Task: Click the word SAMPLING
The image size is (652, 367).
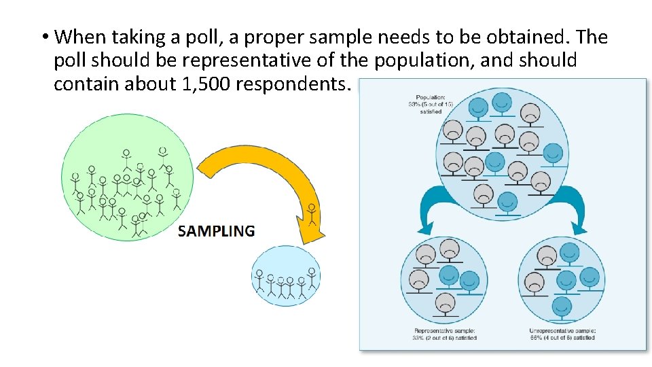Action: coord(216,231)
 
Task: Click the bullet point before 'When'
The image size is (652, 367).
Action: coord(44,37)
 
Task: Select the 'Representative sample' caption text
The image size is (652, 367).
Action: coord(445,334)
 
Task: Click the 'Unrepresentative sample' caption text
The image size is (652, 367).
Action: coord(562,334)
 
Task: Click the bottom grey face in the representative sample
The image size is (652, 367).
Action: coord(445,302)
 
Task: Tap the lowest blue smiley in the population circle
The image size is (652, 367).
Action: coord(507,202)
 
